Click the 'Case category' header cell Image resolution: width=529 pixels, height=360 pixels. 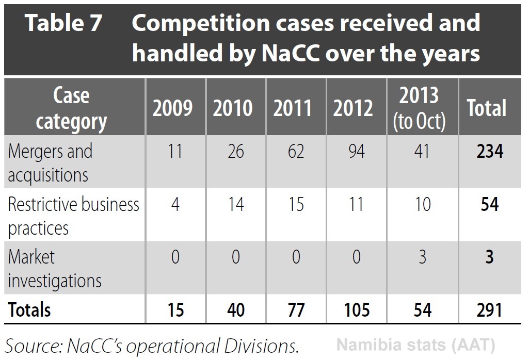click(x=72, y=108)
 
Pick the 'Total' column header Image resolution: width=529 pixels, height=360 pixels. click(x=487, y=108)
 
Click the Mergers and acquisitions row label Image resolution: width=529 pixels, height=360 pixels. click(x=50, y=162)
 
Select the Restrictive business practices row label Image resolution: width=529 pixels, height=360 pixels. click(x=73, y=216)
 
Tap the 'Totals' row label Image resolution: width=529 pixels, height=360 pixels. click(x=29, y=309)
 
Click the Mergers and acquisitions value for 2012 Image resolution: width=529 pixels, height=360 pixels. click(x=356, y=152)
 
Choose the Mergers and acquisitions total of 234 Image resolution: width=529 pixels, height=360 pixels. click(x=488, y=152)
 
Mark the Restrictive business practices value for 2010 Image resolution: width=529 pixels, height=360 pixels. click(x=235, y=204)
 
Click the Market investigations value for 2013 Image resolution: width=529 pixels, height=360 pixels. click(x=422, y=257)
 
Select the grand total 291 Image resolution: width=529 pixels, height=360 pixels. click(x=488, y=309)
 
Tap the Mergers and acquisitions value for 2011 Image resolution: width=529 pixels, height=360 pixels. click(x=295, y=152)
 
